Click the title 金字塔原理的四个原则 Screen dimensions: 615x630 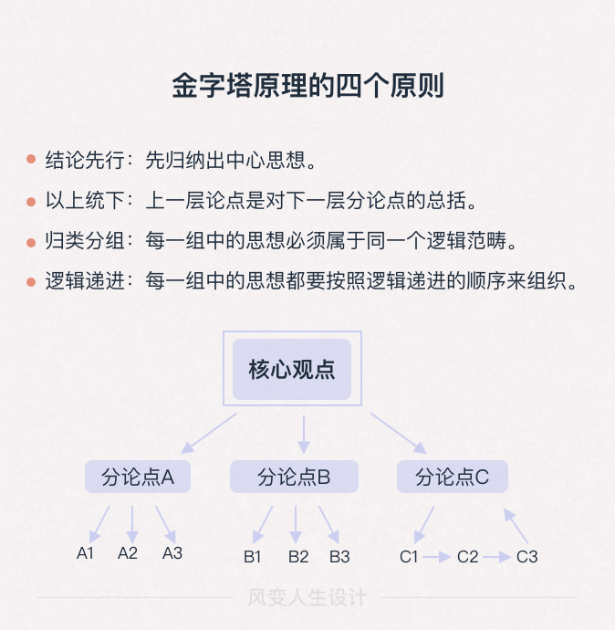tap(307, 86)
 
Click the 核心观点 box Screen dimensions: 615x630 tap(292, 370)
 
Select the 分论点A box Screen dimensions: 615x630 tap(138, 478)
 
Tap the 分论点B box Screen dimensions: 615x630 tap(294, 478)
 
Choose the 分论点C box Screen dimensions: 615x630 tap(453, 478)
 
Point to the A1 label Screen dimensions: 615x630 tap(86, 553)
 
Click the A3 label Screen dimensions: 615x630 tap(172, 553)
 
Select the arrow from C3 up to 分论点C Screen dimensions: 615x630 tap(516, 527)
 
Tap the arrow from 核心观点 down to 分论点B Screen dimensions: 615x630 tap(305, 433)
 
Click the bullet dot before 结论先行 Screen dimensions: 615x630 tap(30, 159)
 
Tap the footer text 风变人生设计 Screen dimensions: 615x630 tap(307, 598)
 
